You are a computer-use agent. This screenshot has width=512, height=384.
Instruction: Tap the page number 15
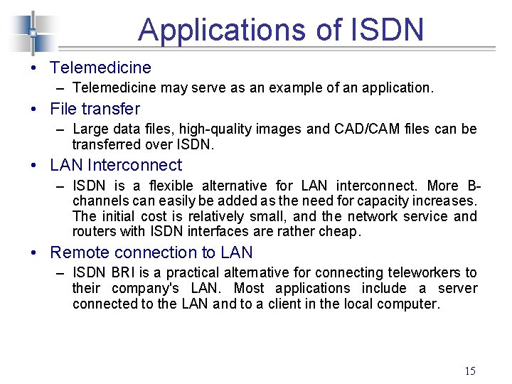coord(469,370)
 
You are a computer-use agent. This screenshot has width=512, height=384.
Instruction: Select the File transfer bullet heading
coord(95,110)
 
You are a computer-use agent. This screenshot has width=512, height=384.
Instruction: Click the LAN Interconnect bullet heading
coord(116,165)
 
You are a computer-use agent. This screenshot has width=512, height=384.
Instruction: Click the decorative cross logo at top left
coord(32,32)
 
